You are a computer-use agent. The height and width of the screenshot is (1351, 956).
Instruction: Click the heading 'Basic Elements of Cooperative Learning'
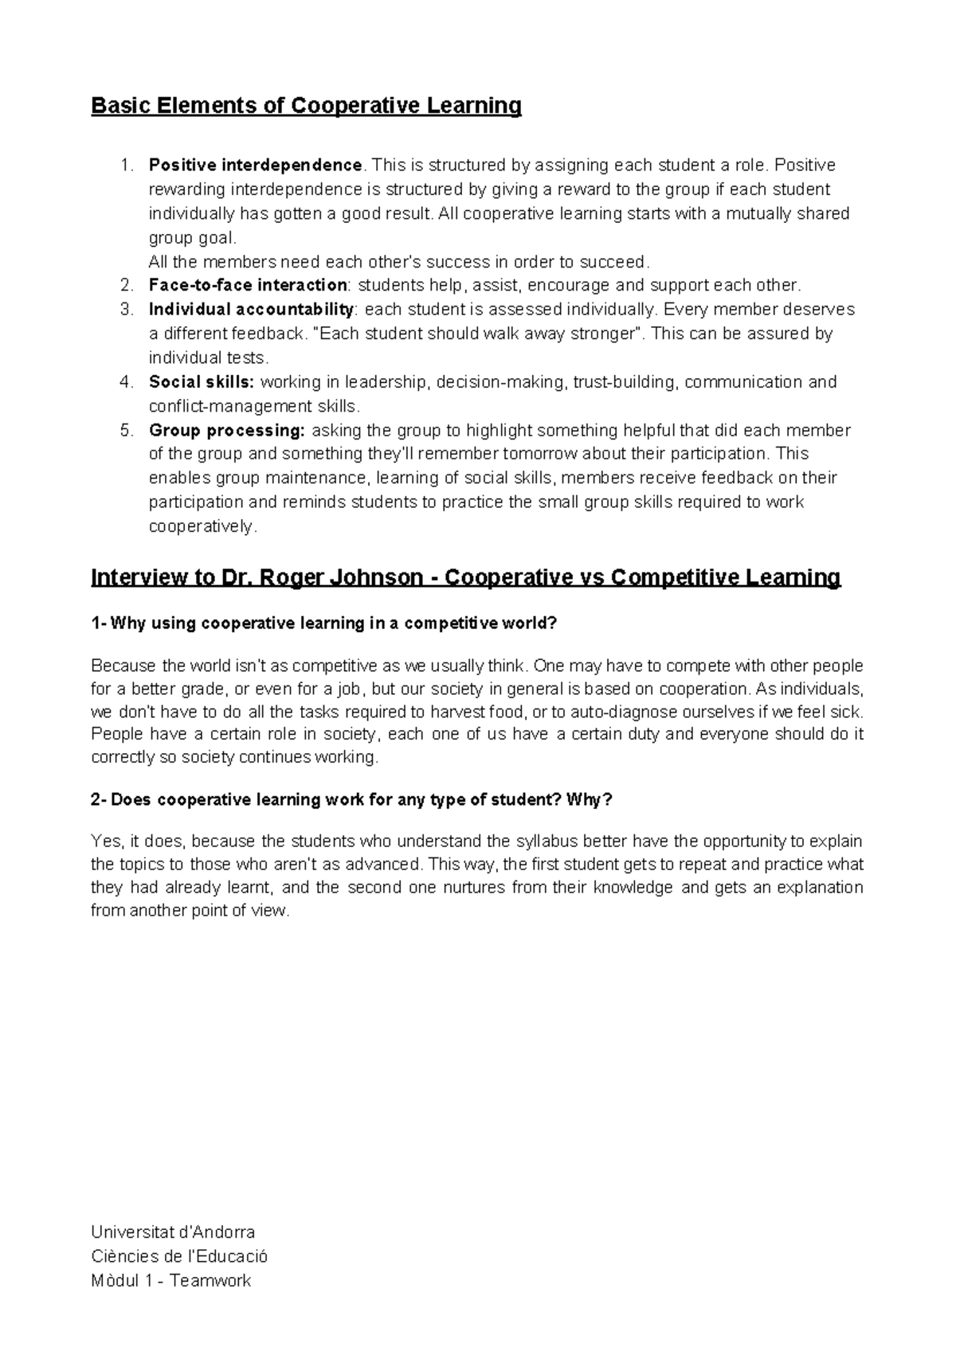pyautogui.click(x=307, y=106)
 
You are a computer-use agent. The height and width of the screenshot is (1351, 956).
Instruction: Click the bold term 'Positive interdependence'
pyautogui.click(x=255, y=166)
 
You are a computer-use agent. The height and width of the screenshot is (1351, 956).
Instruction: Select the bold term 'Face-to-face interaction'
pyautogui.click(x=247, y=285)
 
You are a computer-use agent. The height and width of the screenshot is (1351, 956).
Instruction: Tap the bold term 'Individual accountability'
pyautogui.click(x=250, y=309)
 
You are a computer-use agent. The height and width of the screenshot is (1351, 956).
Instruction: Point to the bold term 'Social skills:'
pyautogui.click(x=202, y=382)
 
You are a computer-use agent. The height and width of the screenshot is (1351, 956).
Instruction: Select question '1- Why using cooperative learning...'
pyautogui.click(x=324, y=623)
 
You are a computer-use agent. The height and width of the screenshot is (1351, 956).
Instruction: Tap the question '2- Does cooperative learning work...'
pyautogui.click(x=352, y=799)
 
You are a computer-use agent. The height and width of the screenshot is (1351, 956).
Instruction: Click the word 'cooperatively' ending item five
pyautogui.click(x=201, y=527)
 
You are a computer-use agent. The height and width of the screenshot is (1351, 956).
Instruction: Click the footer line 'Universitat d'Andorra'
pyautogui.click(x=173, y=1232)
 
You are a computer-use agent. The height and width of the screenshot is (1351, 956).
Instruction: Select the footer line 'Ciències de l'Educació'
pyautogui.click(x=179, y=1256)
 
